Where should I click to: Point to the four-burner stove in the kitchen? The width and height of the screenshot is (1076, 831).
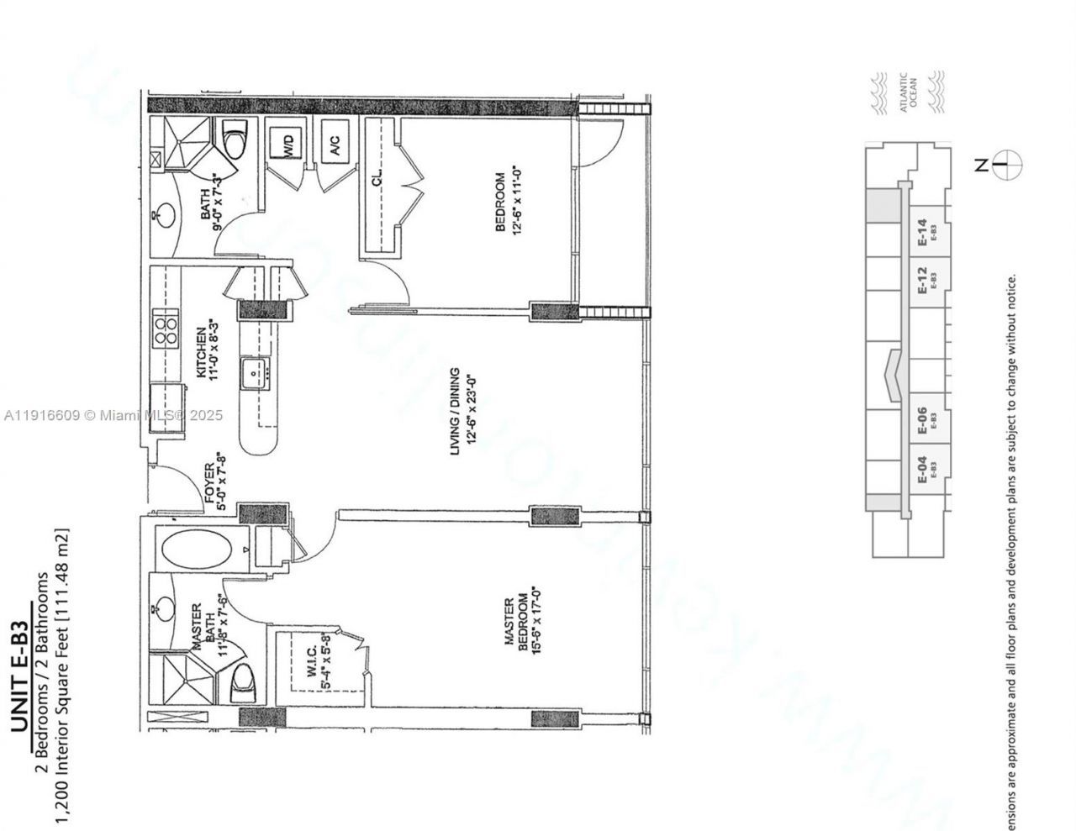(x=165, y=329)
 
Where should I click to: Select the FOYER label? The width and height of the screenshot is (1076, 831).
(x=211, y=482)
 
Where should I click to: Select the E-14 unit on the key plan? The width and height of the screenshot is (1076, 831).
(x=925, y=231)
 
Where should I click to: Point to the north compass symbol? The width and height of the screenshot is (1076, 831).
(x=1006, y=166)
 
